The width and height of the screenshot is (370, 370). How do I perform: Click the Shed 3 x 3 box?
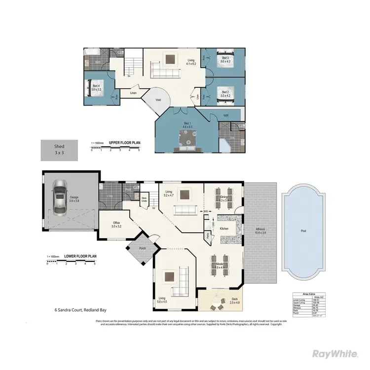tap(59, 150)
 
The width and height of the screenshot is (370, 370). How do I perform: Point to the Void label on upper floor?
tap(158, 100)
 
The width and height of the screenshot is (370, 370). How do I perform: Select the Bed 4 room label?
tap(96, 88)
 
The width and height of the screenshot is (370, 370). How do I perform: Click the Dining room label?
tap(223, 199)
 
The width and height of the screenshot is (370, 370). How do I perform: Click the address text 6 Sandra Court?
tap(80, 310)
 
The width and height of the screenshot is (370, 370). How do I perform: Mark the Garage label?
tap(74, 197)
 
